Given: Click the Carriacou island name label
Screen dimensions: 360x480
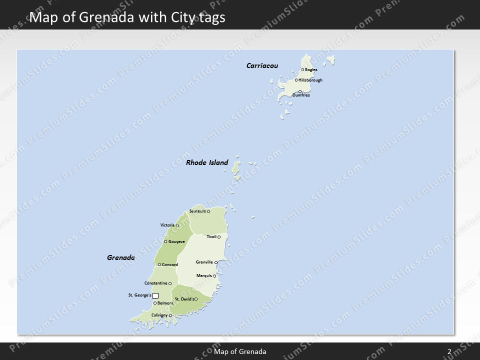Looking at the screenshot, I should tap(262, 65).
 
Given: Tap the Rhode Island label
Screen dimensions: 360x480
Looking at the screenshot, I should tap(207, 162).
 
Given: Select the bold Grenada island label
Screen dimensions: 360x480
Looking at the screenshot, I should tap(120, 258).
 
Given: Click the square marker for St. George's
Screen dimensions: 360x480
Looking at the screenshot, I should tap(155, 295).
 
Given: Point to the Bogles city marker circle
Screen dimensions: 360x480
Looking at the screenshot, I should tap(302, 69).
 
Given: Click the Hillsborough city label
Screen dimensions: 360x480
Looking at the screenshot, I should tap(310, 80).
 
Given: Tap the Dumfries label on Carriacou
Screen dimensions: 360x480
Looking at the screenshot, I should tap(301, 95).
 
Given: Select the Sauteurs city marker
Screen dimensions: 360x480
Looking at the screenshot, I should tap(208, 211).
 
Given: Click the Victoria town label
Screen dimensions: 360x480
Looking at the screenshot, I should tap(167, 225).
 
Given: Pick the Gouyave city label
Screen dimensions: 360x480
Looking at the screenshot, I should tap(176, 241).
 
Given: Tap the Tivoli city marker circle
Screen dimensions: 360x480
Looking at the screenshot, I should tap(219, 236).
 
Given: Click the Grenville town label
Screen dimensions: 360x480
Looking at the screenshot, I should tap(204, 262).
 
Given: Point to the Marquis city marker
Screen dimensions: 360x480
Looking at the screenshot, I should tap(214, 275).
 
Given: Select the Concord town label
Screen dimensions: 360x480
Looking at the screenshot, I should tap(170, 264).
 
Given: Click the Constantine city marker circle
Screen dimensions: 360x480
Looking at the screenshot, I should tap(170, 283).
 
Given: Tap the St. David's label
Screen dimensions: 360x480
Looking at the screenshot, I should tap(184, 299).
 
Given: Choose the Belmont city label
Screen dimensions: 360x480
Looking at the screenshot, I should tap(165, 303).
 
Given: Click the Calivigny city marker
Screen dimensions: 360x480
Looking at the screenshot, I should tap(170, 315).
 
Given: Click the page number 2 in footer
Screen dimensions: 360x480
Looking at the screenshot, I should tap(449, 351).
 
